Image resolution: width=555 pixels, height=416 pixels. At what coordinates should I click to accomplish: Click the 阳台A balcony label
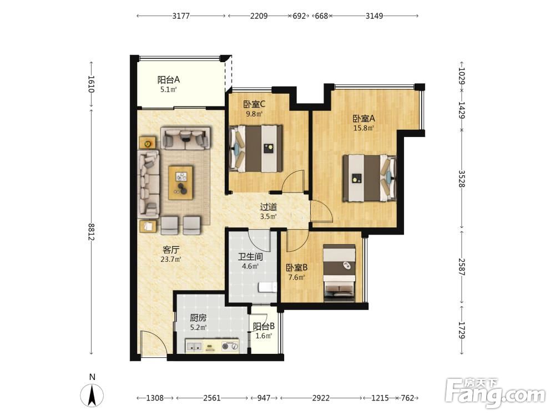pos(169,79)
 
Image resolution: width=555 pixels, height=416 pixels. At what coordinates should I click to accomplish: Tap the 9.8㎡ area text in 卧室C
pos(254,114)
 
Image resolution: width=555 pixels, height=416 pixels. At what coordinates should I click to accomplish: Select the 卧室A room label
pos(364,118)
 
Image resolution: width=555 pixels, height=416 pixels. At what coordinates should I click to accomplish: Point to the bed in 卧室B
pos(340,273)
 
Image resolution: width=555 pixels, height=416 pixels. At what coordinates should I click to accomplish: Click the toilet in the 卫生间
pos(268,287)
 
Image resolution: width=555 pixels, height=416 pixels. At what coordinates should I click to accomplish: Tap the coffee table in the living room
pos(181,182)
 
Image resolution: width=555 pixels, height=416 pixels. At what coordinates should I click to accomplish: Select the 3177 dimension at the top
pos(181,16)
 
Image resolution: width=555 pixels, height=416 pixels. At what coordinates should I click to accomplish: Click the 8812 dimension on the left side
pos(92,232)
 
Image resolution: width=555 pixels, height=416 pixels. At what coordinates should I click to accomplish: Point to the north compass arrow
pos(92,395)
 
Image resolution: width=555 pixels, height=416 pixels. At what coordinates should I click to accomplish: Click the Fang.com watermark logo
pos(495,393)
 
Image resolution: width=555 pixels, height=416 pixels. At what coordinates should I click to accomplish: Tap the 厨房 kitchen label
pos(198,318)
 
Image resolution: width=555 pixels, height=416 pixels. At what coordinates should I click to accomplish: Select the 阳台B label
pos(264,326)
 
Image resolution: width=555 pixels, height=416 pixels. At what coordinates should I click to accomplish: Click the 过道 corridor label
pos(268,206)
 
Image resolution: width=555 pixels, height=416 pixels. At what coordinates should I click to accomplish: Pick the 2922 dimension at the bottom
pos(321,398)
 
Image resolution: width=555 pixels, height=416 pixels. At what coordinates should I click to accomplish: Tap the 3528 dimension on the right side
pos(462,179)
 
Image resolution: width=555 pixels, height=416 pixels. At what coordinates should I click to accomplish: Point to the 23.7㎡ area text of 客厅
pos(171,259)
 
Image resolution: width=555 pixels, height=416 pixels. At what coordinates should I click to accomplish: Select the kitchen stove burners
pos(230,346)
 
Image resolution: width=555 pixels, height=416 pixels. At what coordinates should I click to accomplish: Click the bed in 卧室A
pos(369,178)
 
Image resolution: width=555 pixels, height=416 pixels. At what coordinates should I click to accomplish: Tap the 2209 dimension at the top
pos(259,16)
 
